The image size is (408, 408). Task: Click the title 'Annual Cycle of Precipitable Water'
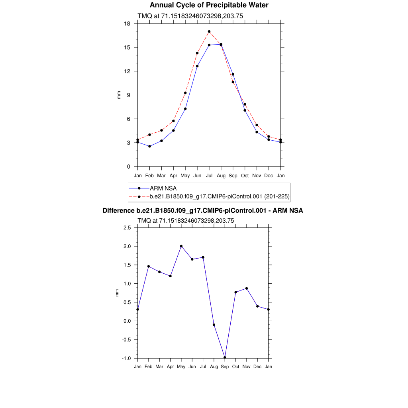[x=209, y=5]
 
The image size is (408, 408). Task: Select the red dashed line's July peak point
[x=209, y=31]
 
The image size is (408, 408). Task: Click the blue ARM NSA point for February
[x=149, y=146]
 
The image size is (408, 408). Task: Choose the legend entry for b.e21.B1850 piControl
[x=219, y=196]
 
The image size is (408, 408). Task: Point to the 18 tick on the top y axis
[x=127, y=24]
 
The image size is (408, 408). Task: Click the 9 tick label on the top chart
[x=128, y=95]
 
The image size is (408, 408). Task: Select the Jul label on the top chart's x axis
[x=209, y=176]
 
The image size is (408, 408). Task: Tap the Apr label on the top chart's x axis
[x=173, y=176]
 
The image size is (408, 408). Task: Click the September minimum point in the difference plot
[x=225, y=357]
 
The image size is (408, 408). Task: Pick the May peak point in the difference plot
[x=181, y=246]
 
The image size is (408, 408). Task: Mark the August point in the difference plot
[x=214, y=325]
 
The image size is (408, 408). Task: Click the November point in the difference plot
[x=247, y=288]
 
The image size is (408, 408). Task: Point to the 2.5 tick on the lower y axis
[x=127, y=228]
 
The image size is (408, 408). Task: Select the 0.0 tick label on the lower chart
[x=127, y=321]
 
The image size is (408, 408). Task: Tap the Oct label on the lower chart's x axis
[x=236, y=367]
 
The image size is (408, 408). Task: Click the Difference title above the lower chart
[x=203, y=211]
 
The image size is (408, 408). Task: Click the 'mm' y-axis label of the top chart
[x=118, y=95]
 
